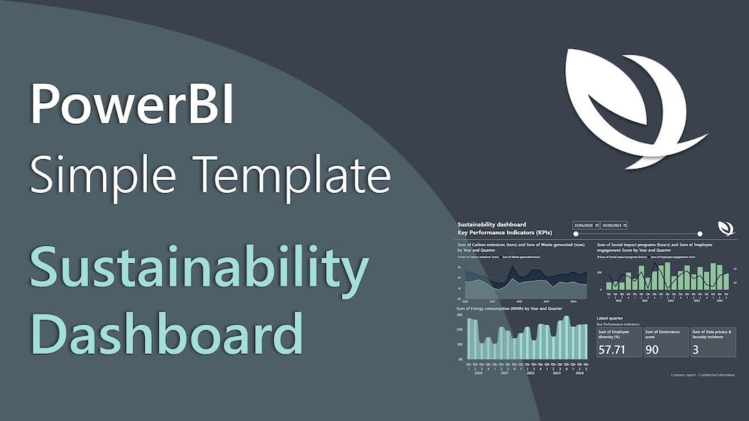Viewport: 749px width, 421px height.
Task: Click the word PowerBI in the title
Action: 132,104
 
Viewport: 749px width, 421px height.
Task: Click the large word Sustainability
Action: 198,271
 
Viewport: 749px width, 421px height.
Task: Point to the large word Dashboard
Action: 166,334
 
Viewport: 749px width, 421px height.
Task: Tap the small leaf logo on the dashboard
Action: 726,228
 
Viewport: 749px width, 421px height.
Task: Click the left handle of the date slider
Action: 576,235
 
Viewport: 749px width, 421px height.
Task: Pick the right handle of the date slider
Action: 700,235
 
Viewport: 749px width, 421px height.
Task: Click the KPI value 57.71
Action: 612,348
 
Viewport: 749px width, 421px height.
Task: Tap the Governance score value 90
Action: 652,348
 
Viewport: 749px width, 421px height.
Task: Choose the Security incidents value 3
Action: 696,348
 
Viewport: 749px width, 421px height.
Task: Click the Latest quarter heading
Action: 610,318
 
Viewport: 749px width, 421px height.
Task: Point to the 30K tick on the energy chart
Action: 459,314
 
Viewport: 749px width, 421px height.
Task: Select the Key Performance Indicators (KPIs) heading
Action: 501,232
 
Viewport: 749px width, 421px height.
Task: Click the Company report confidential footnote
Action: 702,375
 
